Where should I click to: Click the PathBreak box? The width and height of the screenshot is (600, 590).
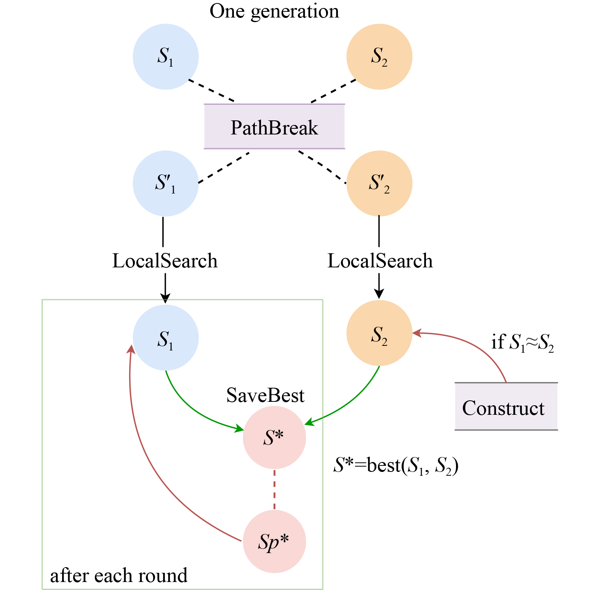[274, 126]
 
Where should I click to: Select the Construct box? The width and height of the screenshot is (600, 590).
[506, 407]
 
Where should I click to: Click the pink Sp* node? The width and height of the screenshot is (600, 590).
[274, 541]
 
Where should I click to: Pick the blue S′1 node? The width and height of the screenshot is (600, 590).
[166, 183]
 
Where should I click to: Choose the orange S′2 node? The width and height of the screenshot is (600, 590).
[379, 183]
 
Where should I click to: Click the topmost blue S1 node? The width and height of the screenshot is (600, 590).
[166, 57]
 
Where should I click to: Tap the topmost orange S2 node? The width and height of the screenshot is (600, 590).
[379, 57]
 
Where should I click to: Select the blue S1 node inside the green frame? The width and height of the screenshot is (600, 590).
[166, 338]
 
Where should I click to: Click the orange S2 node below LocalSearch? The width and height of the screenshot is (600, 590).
[379, 333]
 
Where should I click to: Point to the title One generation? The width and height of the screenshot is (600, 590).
[274, 11]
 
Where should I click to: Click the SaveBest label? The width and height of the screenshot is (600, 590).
[265, 395]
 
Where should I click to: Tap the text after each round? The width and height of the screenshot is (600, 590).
[119, 576]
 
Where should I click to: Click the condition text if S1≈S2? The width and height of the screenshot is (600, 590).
[522, 342]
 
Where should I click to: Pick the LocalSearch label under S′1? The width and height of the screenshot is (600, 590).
[165, 261]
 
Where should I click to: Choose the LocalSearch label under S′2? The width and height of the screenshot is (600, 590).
[380, 261]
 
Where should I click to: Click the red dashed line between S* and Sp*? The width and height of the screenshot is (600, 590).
[274, 489]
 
